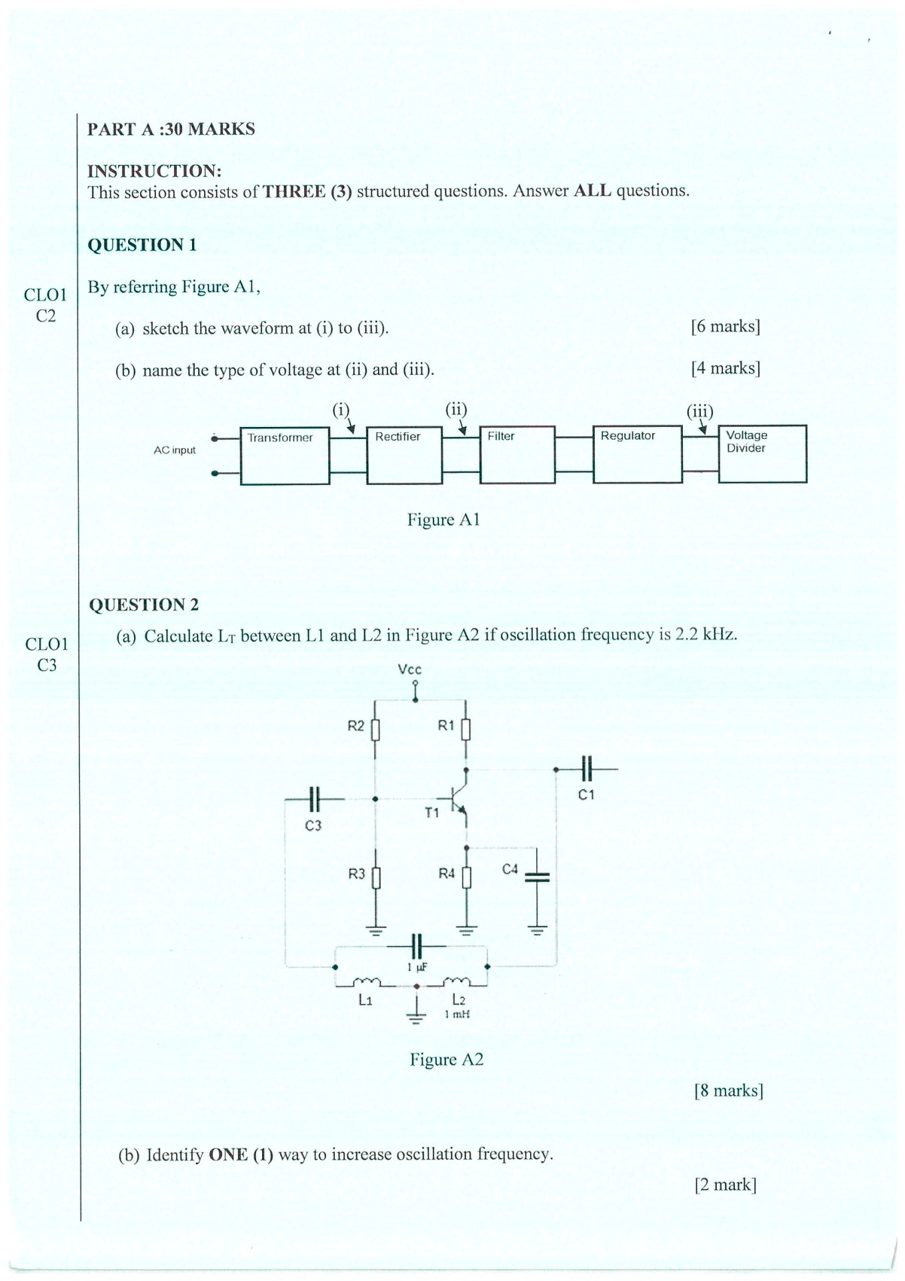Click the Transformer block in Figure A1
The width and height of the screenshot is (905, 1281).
[285, 455]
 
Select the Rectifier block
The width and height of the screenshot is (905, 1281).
[404, 454]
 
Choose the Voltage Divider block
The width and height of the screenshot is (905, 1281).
[762, 453]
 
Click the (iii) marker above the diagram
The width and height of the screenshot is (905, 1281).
[700, 411]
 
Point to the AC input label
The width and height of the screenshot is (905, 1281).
[175, 450]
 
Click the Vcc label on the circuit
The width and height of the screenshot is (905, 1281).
[409, 669]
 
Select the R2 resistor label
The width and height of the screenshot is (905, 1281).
[356, 726]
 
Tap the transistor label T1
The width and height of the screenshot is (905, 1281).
[432, 813]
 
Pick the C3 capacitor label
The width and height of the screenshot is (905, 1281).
[313, 825]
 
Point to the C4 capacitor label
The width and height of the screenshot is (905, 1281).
[510, 869]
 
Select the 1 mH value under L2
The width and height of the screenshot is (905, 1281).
[458, 1014]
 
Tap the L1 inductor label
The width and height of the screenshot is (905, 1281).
[365, 1000]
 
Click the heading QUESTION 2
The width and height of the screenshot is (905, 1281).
[144, 604]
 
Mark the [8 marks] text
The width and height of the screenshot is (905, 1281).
[728, 1090]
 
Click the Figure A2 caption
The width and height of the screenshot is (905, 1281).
[446, 1059]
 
